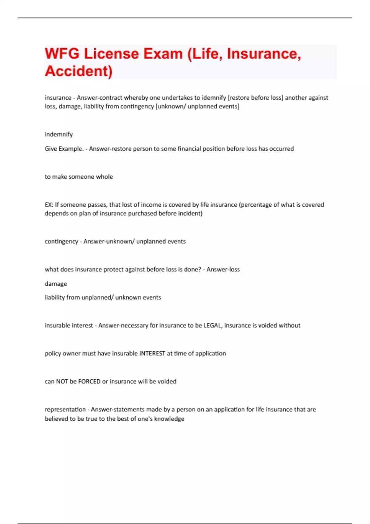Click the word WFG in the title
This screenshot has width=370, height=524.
click(x=62, y=54)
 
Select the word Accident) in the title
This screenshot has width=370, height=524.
click(x=79, y=71)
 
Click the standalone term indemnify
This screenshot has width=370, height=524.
click(x=59, y=134)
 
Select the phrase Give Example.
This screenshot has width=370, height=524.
click(x=64, y=149)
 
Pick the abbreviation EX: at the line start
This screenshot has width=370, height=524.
click(x=49, y=205)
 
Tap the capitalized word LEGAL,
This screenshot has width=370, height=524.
click(x=212, y=325)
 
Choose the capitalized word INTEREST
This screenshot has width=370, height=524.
click(x=152, y=354)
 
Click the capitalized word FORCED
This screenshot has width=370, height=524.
click(x=89, y=382)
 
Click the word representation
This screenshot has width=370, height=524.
click(x=65, y=410)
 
